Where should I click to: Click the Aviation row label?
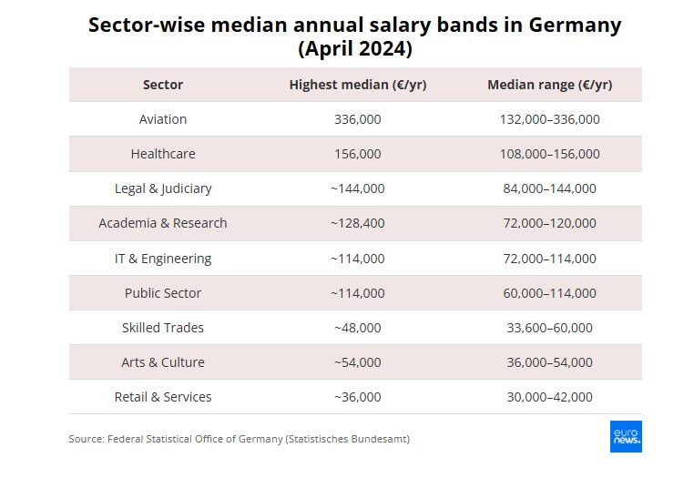pos(163,119)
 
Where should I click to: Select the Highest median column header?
pos(357,85)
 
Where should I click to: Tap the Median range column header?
pos(549,85)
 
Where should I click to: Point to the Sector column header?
pos(163,85)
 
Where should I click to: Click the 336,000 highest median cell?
pos(358,119)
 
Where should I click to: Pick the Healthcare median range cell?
pos(549,154)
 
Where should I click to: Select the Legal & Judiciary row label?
pos(163,188)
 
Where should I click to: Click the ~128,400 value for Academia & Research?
pos(357,223)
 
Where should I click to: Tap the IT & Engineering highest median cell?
pos(357,259)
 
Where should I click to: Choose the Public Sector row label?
pos(163,293)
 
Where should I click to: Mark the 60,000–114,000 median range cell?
pos(549,293)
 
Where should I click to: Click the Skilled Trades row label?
pos(163,328)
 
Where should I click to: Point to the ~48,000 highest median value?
pos(357,328)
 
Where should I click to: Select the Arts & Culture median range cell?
pos(549,362)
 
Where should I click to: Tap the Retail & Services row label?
pos(163,397)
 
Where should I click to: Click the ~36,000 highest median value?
pos(357,397)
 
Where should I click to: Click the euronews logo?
pos(626,436)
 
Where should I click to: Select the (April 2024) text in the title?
pos(355,47)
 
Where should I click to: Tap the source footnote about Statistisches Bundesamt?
pos(239,439)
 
